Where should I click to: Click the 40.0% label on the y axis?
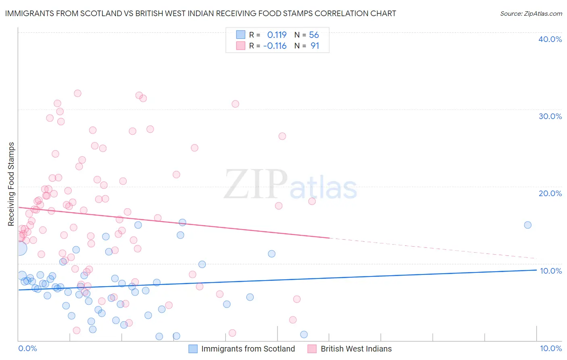tap(550, 39)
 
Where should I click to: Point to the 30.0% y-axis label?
tap(550, 116)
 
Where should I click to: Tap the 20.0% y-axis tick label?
tap(550, 193)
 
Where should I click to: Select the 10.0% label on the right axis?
tap(551, 271)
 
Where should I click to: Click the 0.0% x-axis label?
tap(27, 348)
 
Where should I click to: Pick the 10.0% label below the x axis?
tap(550, 348)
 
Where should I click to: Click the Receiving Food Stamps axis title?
tap(11, 184)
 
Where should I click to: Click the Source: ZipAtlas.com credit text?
tap(531, 13)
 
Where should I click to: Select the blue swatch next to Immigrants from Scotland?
tap(193, 349)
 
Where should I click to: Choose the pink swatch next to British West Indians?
tap(312, 349)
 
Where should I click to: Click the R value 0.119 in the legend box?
tap(277, 35)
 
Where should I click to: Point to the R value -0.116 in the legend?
tap(275, 46)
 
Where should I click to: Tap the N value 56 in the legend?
tap(314, 35)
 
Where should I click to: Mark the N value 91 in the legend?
tap(315, 46)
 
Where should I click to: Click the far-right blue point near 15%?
tap(527, 225)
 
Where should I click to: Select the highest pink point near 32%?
tap(77, 93)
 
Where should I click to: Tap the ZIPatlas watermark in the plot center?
tap(290, 185)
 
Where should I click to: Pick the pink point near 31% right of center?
tap(235, 104)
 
